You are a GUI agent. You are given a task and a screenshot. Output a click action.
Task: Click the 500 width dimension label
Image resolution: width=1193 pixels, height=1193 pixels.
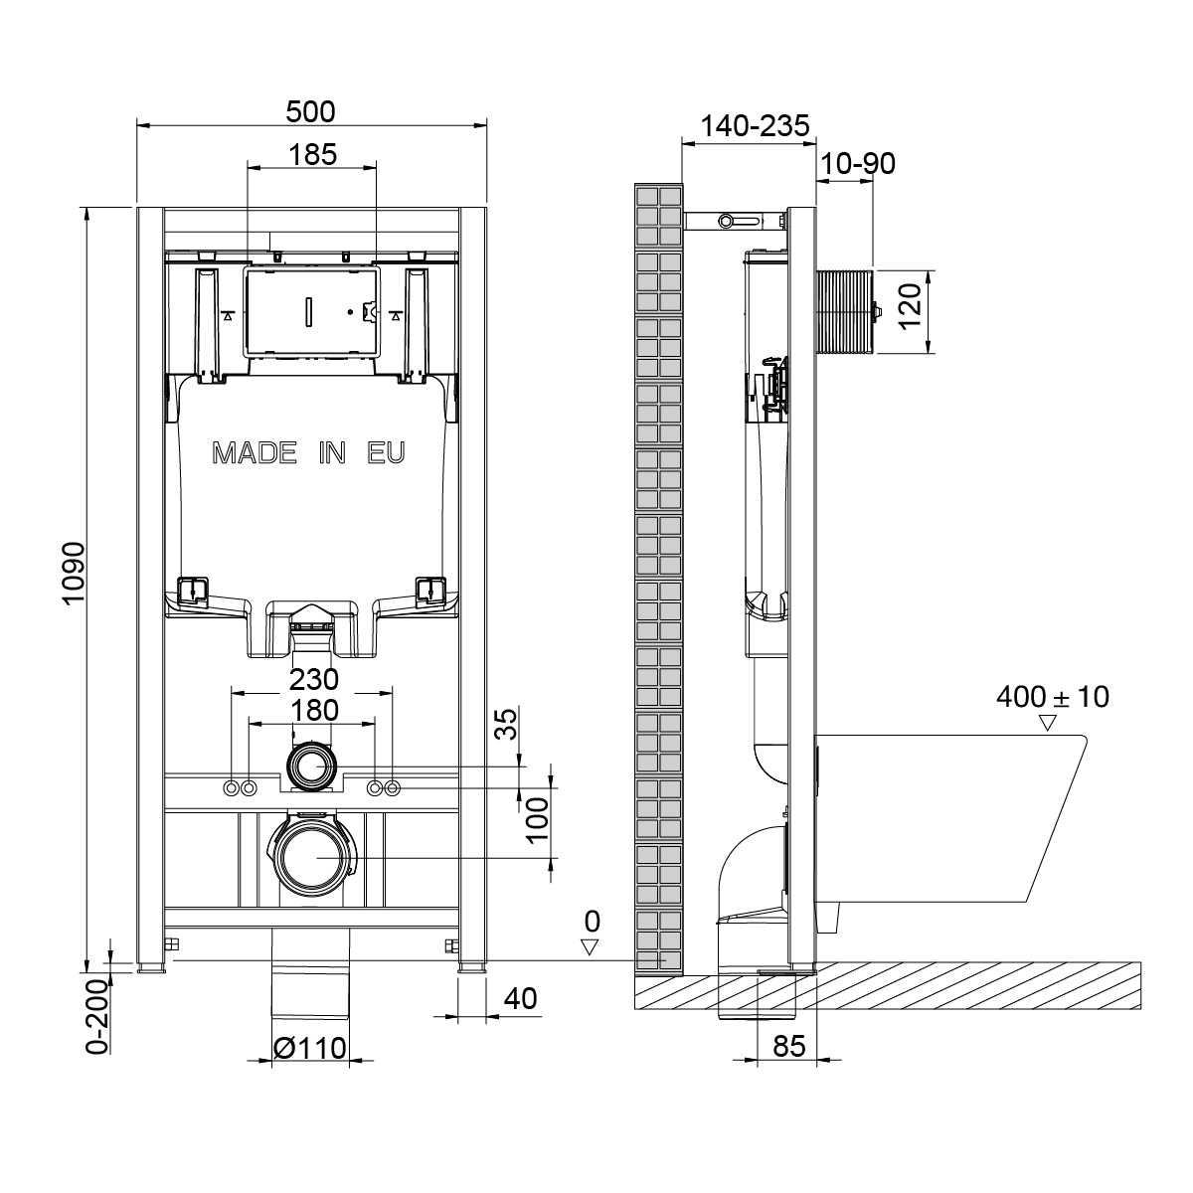[310, 112]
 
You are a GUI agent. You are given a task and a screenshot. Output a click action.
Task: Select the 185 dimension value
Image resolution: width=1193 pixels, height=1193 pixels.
[312, 154]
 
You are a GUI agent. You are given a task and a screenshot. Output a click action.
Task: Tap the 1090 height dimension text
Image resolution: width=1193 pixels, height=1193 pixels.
[74, 574]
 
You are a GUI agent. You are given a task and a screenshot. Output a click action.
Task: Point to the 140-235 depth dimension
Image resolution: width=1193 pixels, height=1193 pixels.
[755, 125]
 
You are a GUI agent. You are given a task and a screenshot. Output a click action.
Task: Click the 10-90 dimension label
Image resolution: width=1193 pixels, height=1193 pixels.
[858, 163]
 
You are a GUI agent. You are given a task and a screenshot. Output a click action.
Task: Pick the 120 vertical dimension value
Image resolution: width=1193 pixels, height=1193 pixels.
[910, 306]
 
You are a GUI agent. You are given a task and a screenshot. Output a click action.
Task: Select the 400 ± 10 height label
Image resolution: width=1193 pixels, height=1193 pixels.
[1053, 697]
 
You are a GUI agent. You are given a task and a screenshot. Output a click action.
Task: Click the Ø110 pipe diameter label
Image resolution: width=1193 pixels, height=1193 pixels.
[309, 1048]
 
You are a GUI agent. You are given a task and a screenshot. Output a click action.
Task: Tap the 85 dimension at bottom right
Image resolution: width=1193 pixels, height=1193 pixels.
[789, 1046]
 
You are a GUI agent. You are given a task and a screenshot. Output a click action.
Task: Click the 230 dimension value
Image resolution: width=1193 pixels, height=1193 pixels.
[314, 680]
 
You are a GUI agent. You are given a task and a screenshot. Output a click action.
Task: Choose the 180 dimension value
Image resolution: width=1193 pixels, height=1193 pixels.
[314, 711]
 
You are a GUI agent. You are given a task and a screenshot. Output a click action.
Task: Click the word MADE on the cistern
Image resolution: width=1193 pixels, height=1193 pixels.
[255, 453]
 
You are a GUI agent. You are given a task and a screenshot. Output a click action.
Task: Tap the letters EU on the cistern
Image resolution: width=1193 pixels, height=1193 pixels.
[387, 453]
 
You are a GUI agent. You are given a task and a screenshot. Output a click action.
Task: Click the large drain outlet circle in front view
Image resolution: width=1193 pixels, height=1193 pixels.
[312, 857]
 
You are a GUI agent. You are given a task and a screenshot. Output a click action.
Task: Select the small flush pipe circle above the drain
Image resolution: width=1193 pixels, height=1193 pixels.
[312, 767]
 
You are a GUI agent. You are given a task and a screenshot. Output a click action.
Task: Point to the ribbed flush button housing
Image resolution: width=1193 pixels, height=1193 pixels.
[845, 312]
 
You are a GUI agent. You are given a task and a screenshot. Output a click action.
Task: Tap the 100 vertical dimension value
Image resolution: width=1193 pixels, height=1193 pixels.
[538, 819]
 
